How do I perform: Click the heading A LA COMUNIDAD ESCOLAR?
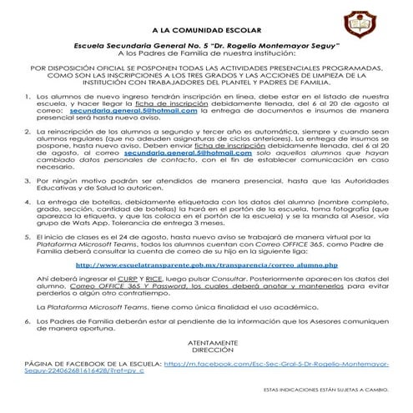(206, 28)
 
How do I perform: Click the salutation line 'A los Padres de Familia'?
(206, 53)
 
